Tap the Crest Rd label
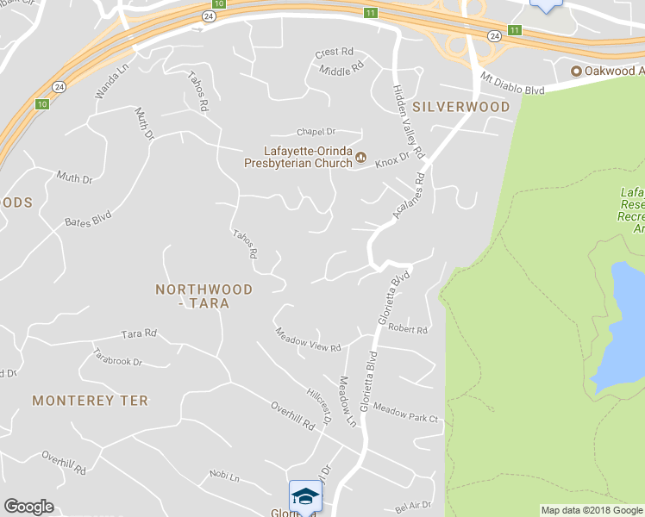click(x=335, y=53)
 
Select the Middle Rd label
click(x=341, y=68)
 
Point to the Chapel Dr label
click(x=315, y=132)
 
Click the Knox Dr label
click(x=391, y=157)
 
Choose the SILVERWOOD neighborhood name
click(x=460, y=106)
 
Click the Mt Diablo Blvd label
click(x=513, y=83)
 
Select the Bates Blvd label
click(x=88, y=221)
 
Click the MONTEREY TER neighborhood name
click(x=90, y=401)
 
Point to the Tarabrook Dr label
click(x=118, y=357)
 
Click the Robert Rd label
click(x=408, y=329)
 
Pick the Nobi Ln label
click(x=224, y=477)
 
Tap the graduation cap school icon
click(x=305, y=496)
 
